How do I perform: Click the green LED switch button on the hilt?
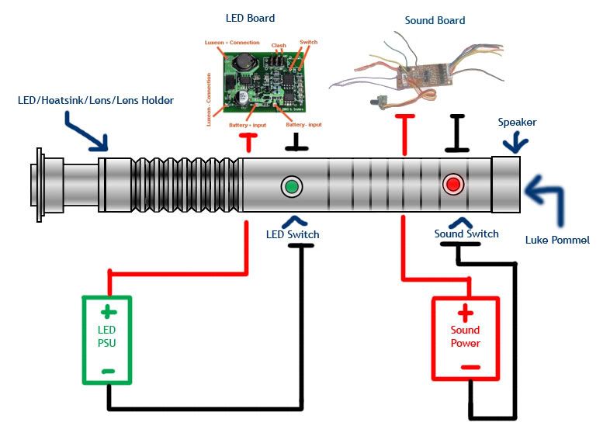292,186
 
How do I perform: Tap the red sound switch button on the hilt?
452,185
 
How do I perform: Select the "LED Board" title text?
250,18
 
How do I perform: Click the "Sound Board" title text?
435,20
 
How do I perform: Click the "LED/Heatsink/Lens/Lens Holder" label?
95,101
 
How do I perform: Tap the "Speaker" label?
517,123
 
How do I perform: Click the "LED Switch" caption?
293,234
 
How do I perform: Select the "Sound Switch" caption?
466,234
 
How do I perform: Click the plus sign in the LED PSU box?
109,313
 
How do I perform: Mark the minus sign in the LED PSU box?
109,372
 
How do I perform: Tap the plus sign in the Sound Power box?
465,313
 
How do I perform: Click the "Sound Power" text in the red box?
465,337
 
